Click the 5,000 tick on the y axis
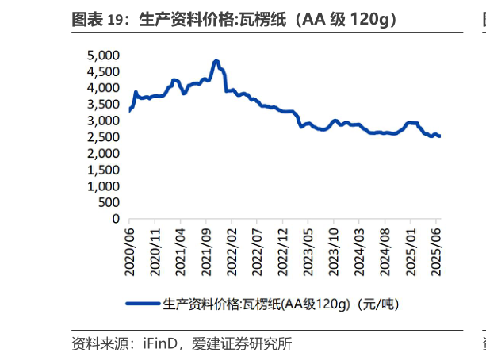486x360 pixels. [102, 56]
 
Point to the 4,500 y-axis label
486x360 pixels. [102, 71]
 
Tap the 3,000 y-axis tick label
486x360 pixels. [102, 121]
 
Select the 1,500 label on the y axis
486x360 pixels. [102, 170]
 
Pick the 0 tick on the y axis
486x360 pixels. [115, 219]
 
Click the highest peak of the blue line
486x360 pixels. [216, 60]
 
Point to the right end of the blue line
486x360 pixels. [440, 136]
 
